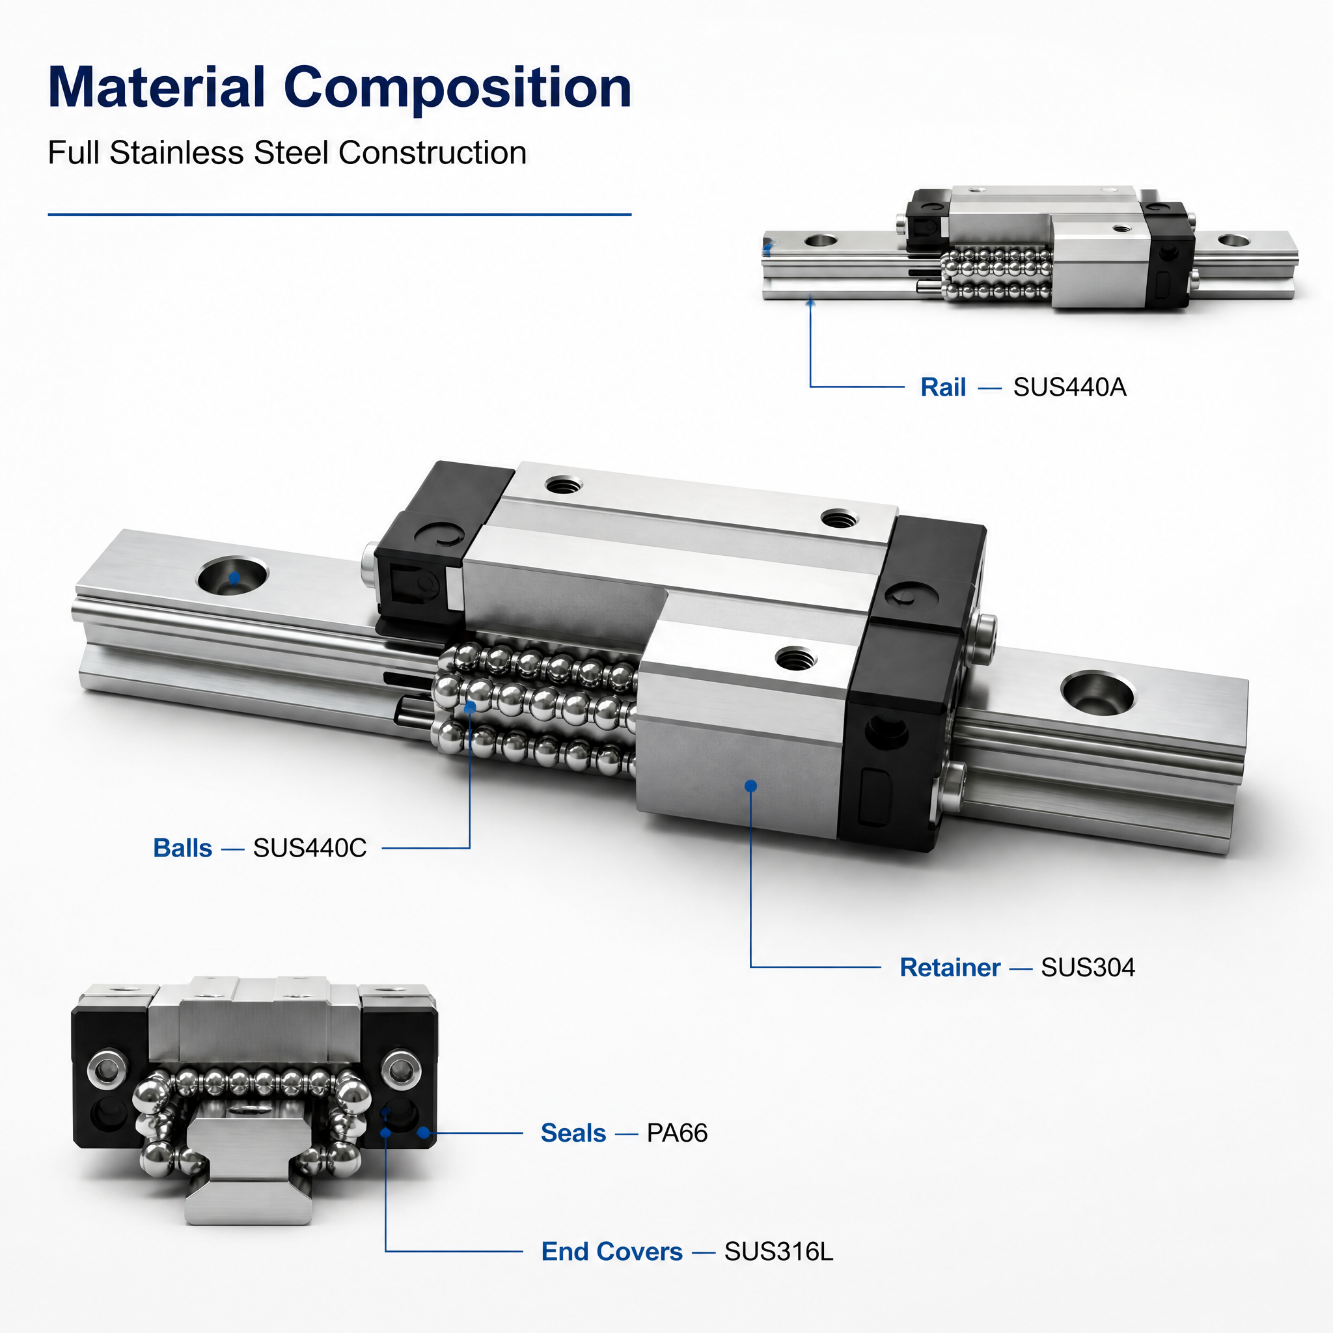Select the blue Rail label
point(943,387)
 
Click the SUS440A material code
point(1069,387)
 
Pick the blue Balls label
point(182,848)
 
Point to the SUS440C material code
point(310,848)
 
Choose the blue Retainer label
point(950,967)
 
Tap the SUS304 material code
point(1088,967)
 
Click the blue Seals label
point(573,1133)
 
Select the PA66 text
point(677,1133)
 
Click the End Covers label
point(612,1252)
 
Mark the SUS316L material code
point(779,1252)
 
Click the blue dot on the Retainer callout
point(751,786)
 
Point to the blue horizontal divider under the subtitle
point(340,215)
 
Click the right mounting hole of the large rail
point(1097,693)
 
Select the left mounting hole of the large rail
point(232,576)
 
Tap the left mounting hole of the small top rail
point(821,241)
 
